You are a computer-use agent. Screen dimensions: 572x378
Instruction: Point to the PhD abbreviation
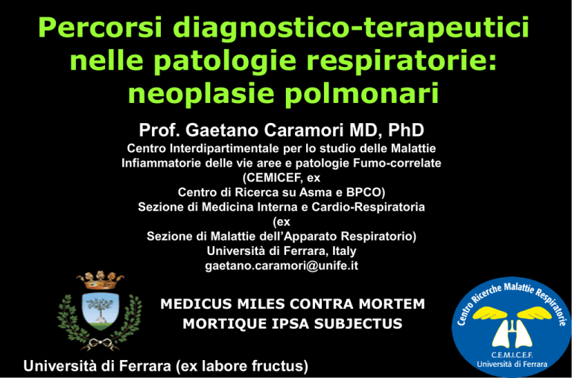click(x=407, y=130)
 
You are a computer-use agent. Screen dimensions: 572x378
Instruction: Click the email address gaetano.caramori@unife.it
click(x=282, y=265)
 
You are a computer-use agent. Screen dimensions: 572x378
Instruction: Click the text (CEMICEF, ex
click(x=281, y=179)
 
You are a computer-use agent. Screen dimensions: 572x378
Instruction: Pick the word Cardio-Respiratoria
click(x=368, y=207)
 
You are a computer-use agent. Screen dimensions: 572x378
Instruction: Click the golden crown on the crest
click(x=100, y=280)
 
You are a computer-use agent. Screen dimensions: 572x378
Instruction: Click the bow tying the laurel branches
click(x=100, y=342)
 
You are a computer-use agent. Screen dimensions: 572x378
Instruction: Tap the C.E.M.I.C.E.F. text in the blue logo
click(x=512, y=355)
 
